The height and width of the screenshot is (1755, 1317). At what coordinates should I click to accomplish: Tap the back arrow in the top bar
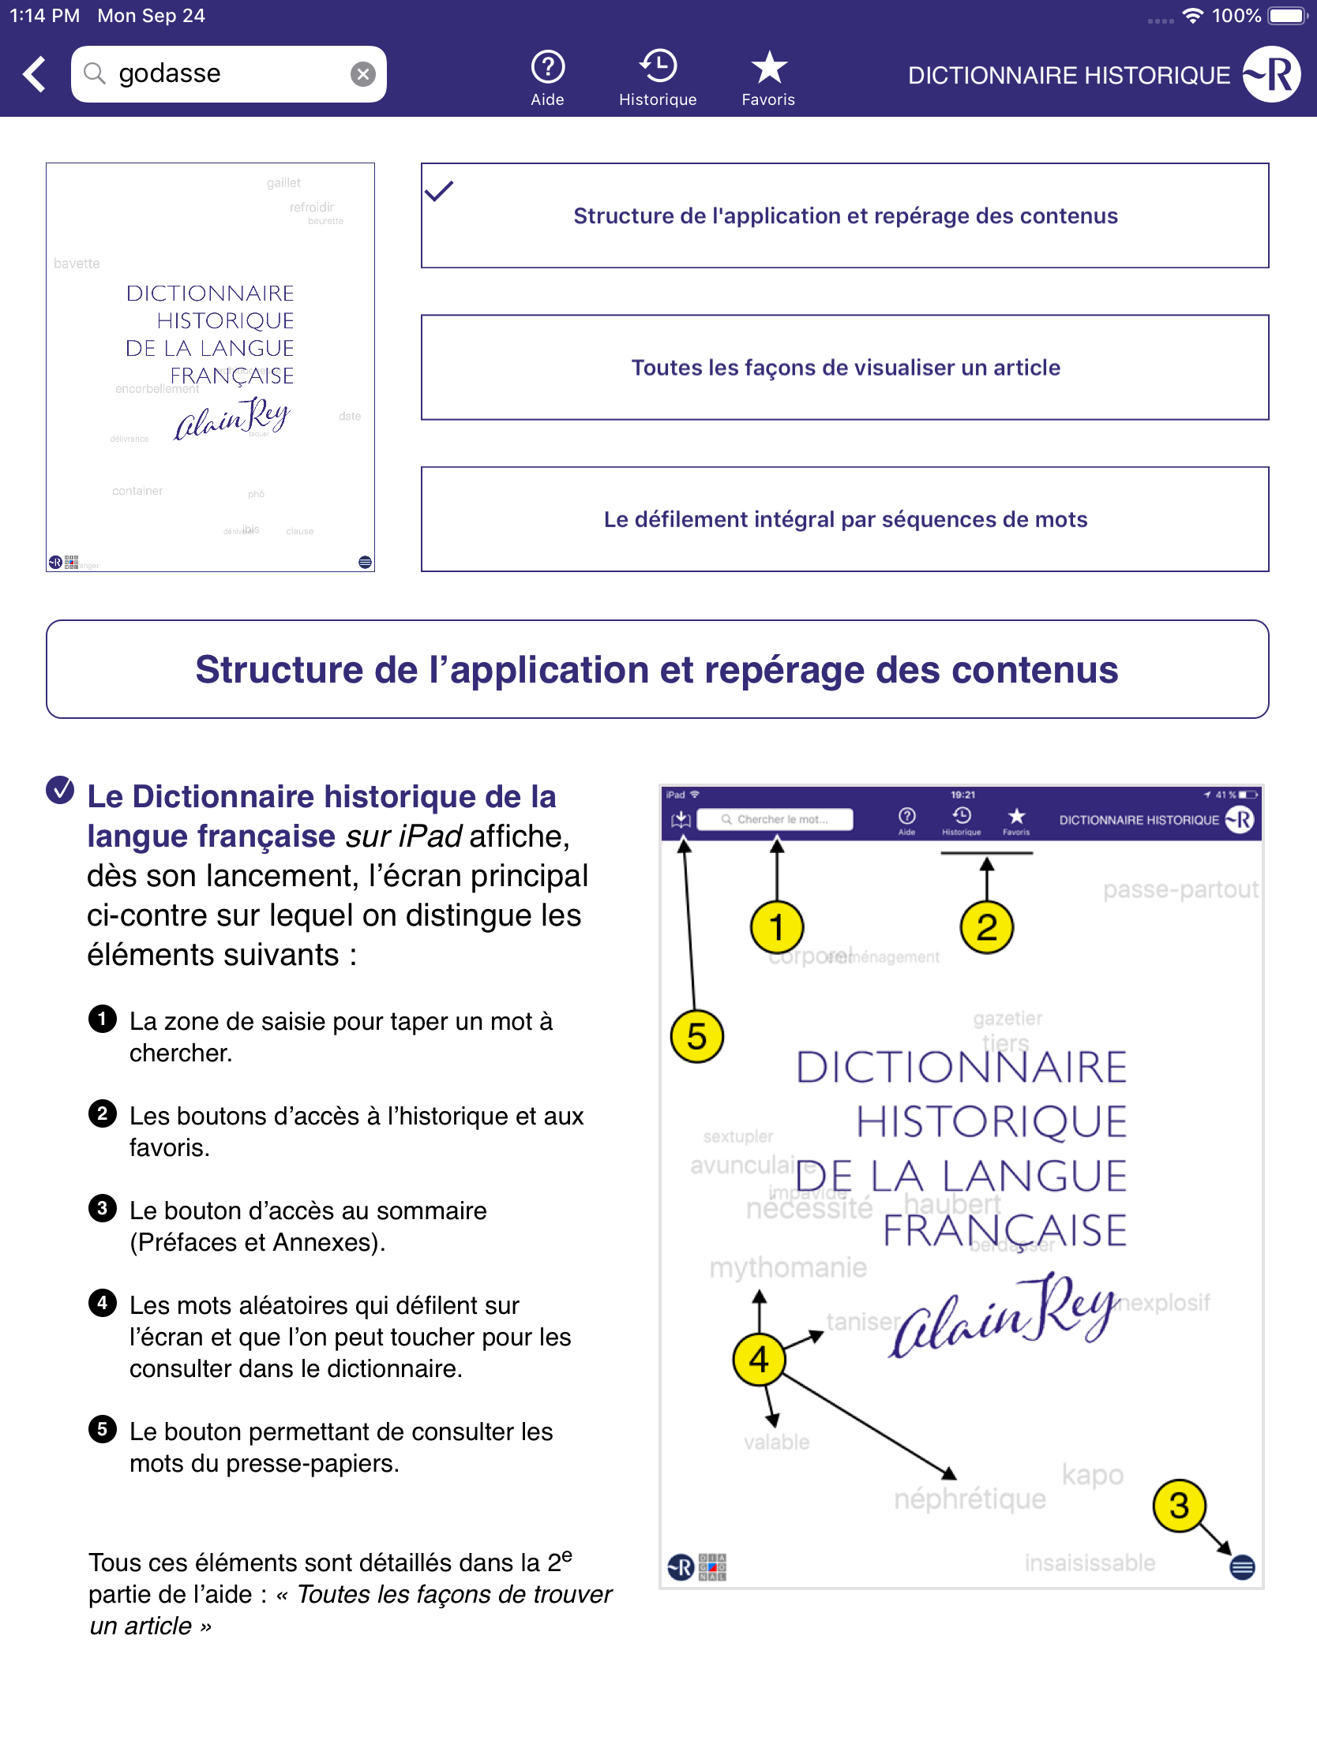click(34, 75)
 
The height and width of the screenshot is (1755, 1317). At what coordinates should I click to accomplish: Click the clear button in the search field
click(362, 74)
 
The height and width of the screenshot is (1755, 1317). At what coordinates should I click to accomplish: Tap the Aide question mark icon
click(547, 67)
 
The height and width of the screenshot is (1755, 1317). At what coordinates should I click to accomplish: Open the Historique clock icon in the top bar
click(657, 65)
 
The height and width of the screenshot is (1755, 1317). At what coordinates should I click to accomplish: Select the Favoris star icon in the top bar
click(768, 67)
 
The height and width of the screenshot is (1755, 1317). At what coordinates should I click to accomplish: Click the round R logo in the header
click(1272, 75)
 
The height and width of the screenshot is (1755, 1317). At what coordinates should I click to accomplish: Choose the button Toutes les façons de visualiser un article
click(845, 368)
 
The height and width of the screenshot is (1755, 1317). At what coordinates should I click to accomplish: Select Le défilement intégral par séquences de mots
click(845, 519)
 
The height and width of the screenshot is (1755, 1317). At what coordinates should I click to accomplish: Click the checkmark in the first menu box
click(439, 191)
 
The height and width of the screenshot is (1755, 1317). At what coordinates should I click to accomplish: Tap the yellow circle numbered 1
click(776, 926)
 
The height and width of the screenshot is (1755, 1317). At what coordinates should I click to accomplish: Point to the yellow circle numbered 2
click(986, 926)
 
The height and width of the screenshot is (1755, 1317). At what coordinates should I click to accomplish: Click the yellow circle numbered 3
click(1179, 1505)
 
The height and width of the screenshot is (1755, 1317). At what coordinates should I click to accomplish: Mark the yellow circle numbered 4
click(759, 1359)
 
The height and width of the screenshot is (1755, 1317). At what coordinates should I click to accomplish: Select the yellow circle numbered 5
click(696, 1036)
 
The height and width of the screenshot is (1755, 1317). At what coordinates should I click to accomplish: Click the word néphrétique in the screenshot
click(970, 1499)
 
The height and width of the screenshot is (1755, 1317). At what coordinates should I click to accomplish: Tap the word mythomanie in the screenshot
click(787, 1267)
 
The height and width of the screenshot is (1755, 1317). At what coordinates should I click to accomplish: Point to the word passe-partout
click(1180, 889)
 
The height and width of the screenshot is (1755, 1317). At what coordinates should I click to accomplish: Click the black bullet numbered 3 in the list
click(103, 1208)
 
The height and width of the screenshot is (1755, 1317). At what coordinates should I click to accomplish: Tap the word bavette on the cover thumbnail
click(77, 264)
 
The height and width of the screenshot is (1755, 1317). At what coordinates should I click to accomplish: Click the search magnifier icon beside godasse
click(95, 73)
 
